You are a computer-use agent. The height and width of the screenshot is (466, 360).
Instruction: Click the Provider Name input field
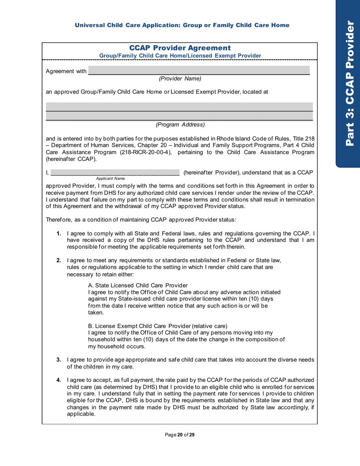coord(199,70)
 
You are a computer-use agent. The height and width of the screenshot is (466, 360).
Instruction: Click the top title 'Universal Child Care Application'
coord(182,25)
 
